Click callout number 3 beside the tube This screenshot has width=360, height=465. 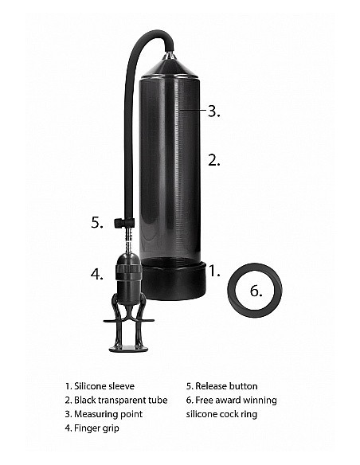tap(213, 111)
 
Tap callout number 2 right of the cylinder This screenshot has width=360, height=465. tap(213, 159)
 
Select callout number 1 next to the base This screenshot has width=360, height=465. tap(213, 271)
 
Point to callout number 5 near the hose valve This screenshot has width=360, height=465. tap(96, 223)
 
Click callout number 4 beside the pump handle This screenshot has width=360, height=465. tap(96, 275)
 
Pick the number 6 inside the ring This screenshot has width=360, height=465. tap(255, 291)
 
